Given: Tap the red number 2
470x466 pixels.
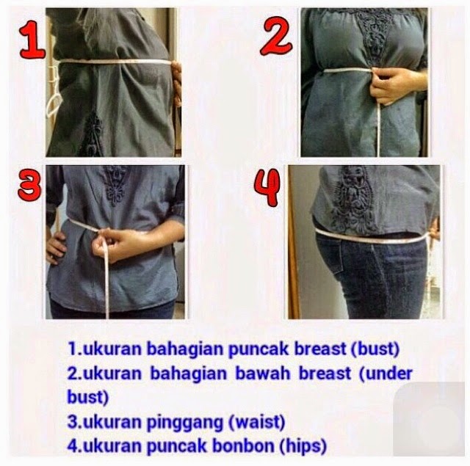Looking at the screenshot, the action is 275,36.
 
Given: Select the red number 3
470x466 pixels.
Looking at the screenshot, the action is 29,184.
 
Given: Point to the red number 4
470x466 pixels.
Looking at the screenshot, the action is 267,187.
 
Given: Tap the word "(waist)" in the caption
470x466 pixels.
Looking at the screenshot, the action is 256,422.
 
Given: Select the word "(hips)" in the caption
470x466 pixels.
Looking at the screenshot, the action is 303,445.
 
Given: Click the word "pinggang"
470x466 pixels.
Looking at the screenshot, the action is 184,423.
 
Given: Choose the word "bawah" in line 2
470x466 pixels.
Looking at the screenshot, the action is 263,373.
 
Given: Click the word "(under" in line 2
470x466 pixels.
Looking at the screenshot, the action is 386,374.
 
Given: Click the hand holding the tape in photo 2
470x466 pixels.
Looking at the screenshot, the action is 394,85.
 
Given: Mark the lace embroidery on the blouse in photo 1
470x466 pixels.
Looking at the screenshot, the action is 93,135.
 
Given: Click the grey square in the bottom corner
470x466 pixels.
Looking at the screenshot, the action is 432,419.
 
